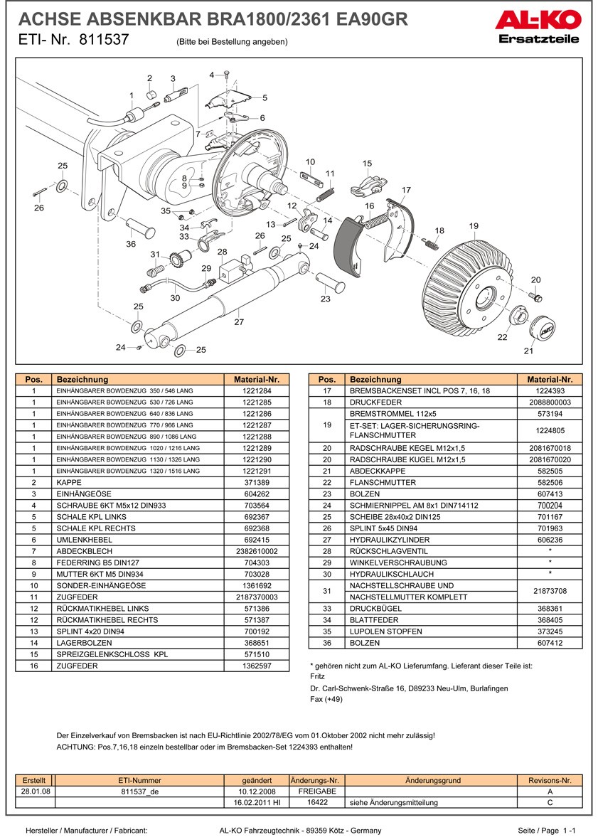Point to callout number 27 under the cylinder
pos(239,322)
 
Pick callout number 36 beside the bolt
pos(131,244)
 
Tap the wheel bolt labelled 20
pos(535,295)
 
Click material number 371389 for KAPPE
pos(257,482)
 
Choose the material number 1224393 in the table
pos(550,391)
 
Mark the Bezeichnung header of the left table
pos(82,380)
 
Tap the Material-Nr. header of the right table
pos(550,380)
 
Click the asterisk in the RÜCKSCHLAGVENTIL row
pos(550,551)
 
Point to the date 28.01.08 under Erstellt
pos(35,791)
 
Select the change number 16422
pos(316,802)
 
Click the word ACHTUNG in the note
pos(76,747)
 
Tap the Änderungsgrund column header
pos(432,780)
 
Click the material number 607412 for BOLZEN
pos(550,643)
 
